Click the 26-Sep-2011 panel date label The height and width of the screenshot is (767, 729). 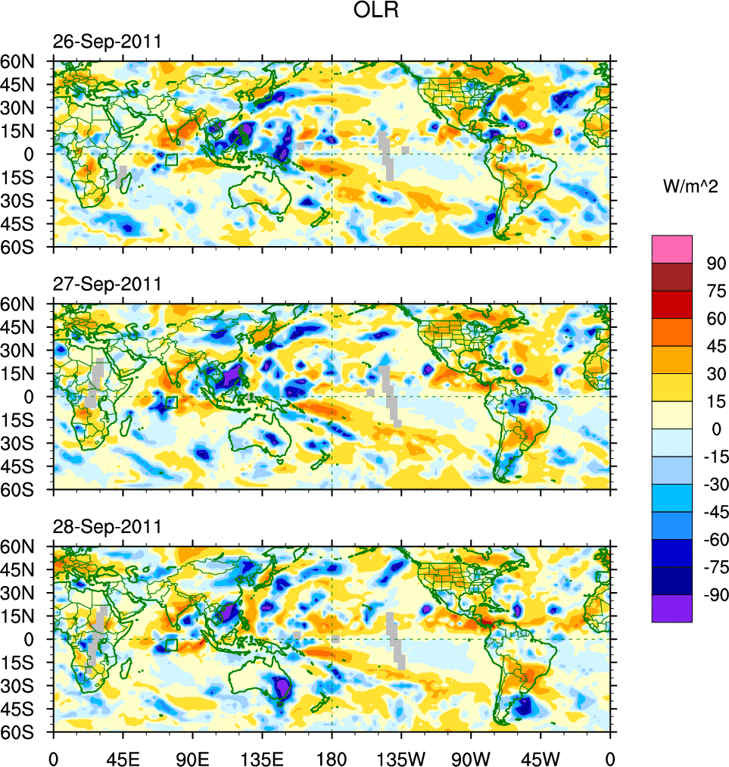[x=107, y=42]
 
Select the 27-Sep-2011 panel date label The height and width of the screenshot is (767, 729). [x=107, y=284]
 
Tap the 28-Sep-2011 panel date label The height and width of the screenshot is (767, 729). [x=107, y=526]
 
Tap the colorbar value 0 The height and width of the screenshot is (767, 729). [x=712, y=429]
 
